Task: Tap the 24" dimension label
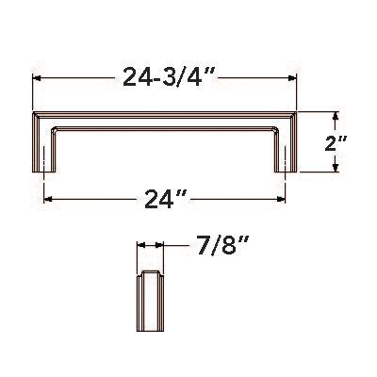[166, 199]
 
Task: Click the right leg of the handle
[287, 146]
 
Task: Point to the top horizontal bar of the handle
[166, 119]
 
